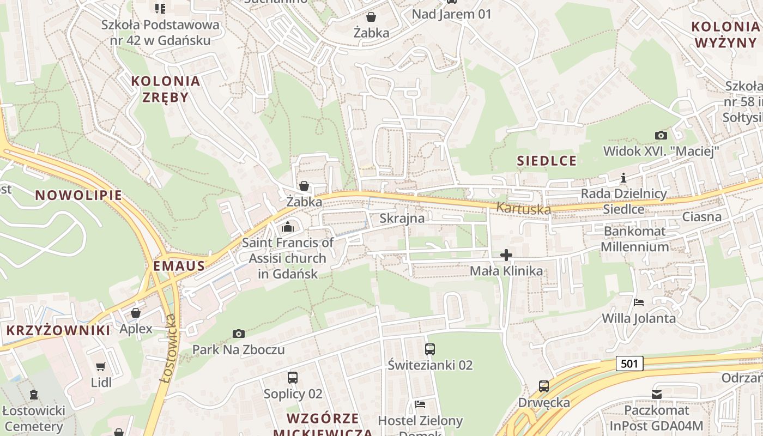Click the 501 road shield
point(630,364)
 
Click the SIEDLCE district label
point(547,160)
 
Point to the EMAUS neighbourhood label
point(179,266)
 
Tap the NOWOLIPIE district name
point(78,195)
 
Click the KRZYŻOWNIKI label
point(58,330)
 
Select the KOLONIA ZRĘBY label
point(166,89)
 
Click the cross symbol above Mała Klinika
point(506,255)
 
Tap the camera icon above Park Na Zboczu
point(238,334)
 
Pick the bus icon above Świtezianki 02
point(430,349)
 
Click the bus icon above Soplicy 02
point(293,377)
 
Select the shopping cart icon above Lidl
point(101,367)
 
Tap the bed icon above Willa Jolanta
point(639,302)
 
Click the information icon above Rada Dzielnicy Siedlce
point(623,178)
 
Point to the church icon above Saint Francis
point(288,227)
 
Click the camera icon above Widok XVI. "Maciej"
point(661,135)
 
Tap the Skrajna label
point(402,219)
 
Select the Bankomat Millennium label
point(634,239)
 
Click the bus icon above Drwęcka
point(543,386)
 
